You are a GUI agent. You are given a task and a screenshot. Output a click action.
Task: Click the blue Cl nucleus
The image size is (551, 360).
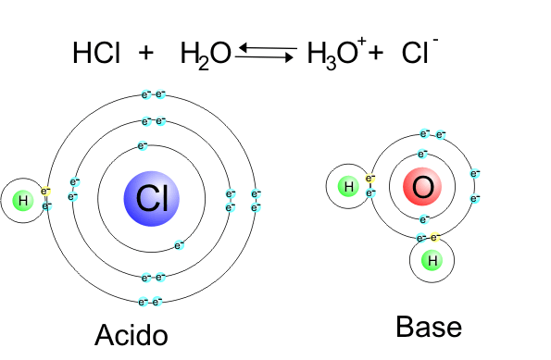click(152, 198)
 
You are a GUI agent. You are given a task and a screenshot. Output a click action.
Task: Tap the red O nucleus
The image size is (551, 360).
click(422, 189)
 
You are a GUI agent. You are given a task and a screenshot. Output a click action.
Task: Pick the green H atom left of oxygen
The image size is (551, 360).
click(348, 188)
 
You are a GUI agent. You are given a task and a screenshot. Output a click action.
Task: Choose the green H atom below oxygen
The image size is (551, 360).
click(431, 262)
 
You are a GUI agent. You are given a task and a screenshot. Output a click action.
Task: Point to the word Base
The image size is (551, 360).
click(428, 328)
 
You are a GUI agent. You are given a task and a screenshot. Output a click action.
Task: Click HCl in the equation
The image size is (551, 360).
click(95, 55)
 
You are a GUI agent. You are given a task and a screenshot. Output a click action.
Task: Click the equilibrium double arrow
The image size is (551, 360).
click(265, 52)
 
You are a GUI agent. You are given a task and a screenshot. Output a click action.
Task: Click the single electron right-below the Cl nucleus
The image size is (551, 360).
click(179, 245)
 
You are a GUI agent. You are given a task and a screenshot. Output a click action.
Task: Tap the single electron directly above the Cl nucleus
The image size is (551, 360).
click(144, 145)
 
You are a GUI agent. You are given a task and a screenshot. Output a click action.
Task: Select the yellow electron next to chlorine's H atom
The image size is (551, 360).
click(46, 192)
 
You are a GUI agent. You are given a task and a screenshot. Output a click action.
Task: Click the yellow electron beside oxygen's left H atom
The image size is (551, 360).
click(370, 179)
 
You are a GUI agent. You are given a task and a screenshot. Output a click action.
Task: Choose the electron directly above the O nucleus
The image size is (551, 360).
click(423, 154)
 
